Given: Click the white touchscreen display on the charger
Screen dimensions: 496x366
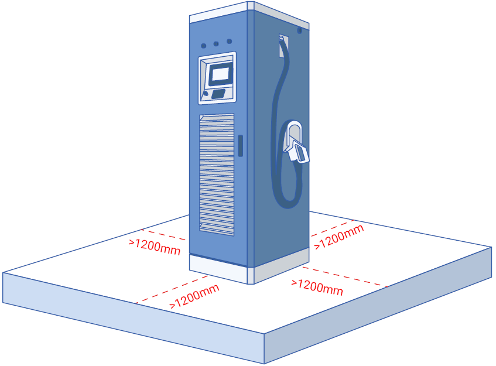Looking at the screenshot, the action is click(221, 74).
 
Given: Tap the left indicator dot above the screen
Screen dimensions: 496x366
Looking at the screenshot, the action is click(204, 46).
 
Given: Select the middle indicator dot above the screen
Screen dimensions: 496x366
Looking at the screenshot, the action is click(216, 44).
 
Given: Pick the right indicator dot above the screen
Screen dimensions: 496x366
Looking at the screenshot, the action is click(230, 41).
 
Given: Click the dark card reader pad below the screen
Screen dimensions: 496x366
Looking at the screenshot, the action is click(218, 94).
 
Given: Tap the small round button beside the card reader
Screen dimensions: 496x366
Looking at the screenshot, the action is click(206, 93).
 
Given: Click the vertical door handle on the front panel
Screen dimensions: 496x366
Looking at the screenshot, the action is click(241, 145).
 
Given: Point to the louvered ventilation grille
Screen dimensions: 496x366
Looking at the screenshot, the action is click(217, 175).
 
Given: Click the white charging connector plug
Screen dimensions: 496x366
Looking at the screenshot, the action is click(297, 151).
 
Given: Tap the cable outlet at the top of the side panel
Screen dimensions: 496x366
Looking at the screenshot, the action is click(283, 45).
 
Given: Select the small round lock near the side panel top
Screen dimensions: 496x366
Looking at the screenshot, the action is click(300, 30).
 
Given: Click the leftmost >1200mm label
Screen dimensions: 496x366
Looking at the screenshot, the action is click(155, 247).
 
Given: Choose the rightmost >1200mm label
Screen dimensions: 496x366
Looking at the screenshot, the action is click(339, 237).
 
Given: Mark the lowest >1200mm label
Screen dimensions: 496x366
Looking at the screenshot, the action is click(194, 296).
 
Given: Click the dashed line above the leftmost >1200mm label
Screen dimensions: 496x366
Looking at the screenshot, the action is click(163, 235).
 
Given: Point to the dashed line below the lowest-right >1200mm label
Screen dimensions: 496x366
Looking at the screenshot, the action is click(345, 277).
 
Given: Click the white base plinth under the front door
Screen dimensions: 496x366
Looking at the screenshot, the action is click(218, 269).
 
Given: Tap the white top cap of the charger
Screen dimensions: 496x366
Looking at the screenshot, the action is click(249, 13).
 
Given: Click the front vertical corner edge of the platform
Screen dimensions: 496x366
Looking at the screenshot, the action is click(264, 348).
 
